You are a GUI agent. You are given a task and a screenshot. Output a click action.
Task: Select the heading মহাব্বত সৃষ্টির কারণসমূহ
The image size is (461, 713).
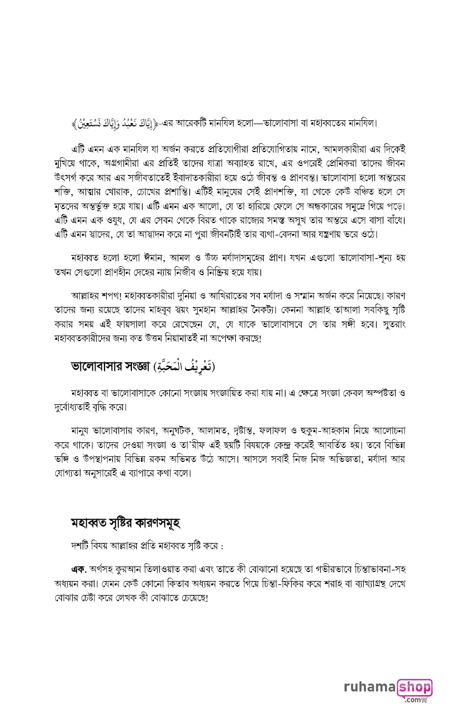tap(126, 523)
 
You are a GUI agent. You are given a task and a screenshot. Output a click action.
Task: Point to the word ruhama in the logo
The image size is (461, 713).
tap(369, 687)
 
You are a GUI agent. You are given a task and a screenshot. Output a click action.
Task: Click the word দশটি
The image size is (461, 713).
tap(74, 546)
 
